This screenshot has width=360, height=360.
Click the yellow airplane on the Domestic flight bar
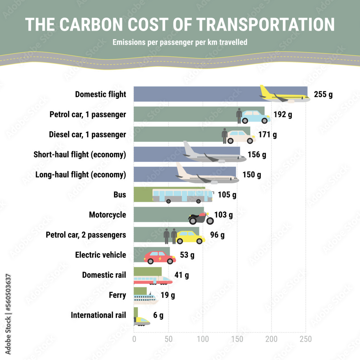click(284, 96)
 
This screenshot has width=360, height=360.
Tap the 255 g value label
click(323, 95)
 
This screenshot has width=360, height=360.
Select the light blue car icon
click(256, 116)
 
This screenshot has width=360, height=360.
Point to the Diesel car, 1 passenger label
click(87, 135)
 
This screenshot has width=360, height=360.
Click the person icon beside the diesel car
click(225, 136)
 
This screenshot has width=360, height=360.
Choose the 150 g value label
click(251, 175)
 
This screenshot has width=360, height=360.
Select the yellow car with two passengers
click(190, 237)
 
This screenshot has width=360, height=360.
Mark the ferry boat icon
click(146, 298)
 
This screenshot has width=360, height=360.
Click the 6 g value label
click(158, 316)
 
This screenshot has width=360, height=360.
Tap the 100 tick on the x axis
click(203, 339)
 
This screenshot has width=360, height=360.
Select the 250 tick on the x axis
click(306, 339)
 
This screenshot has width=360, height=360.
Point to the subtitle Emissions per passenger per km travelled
click(180, 42)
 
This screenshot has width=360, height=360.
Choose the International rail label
click(98, 315)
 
